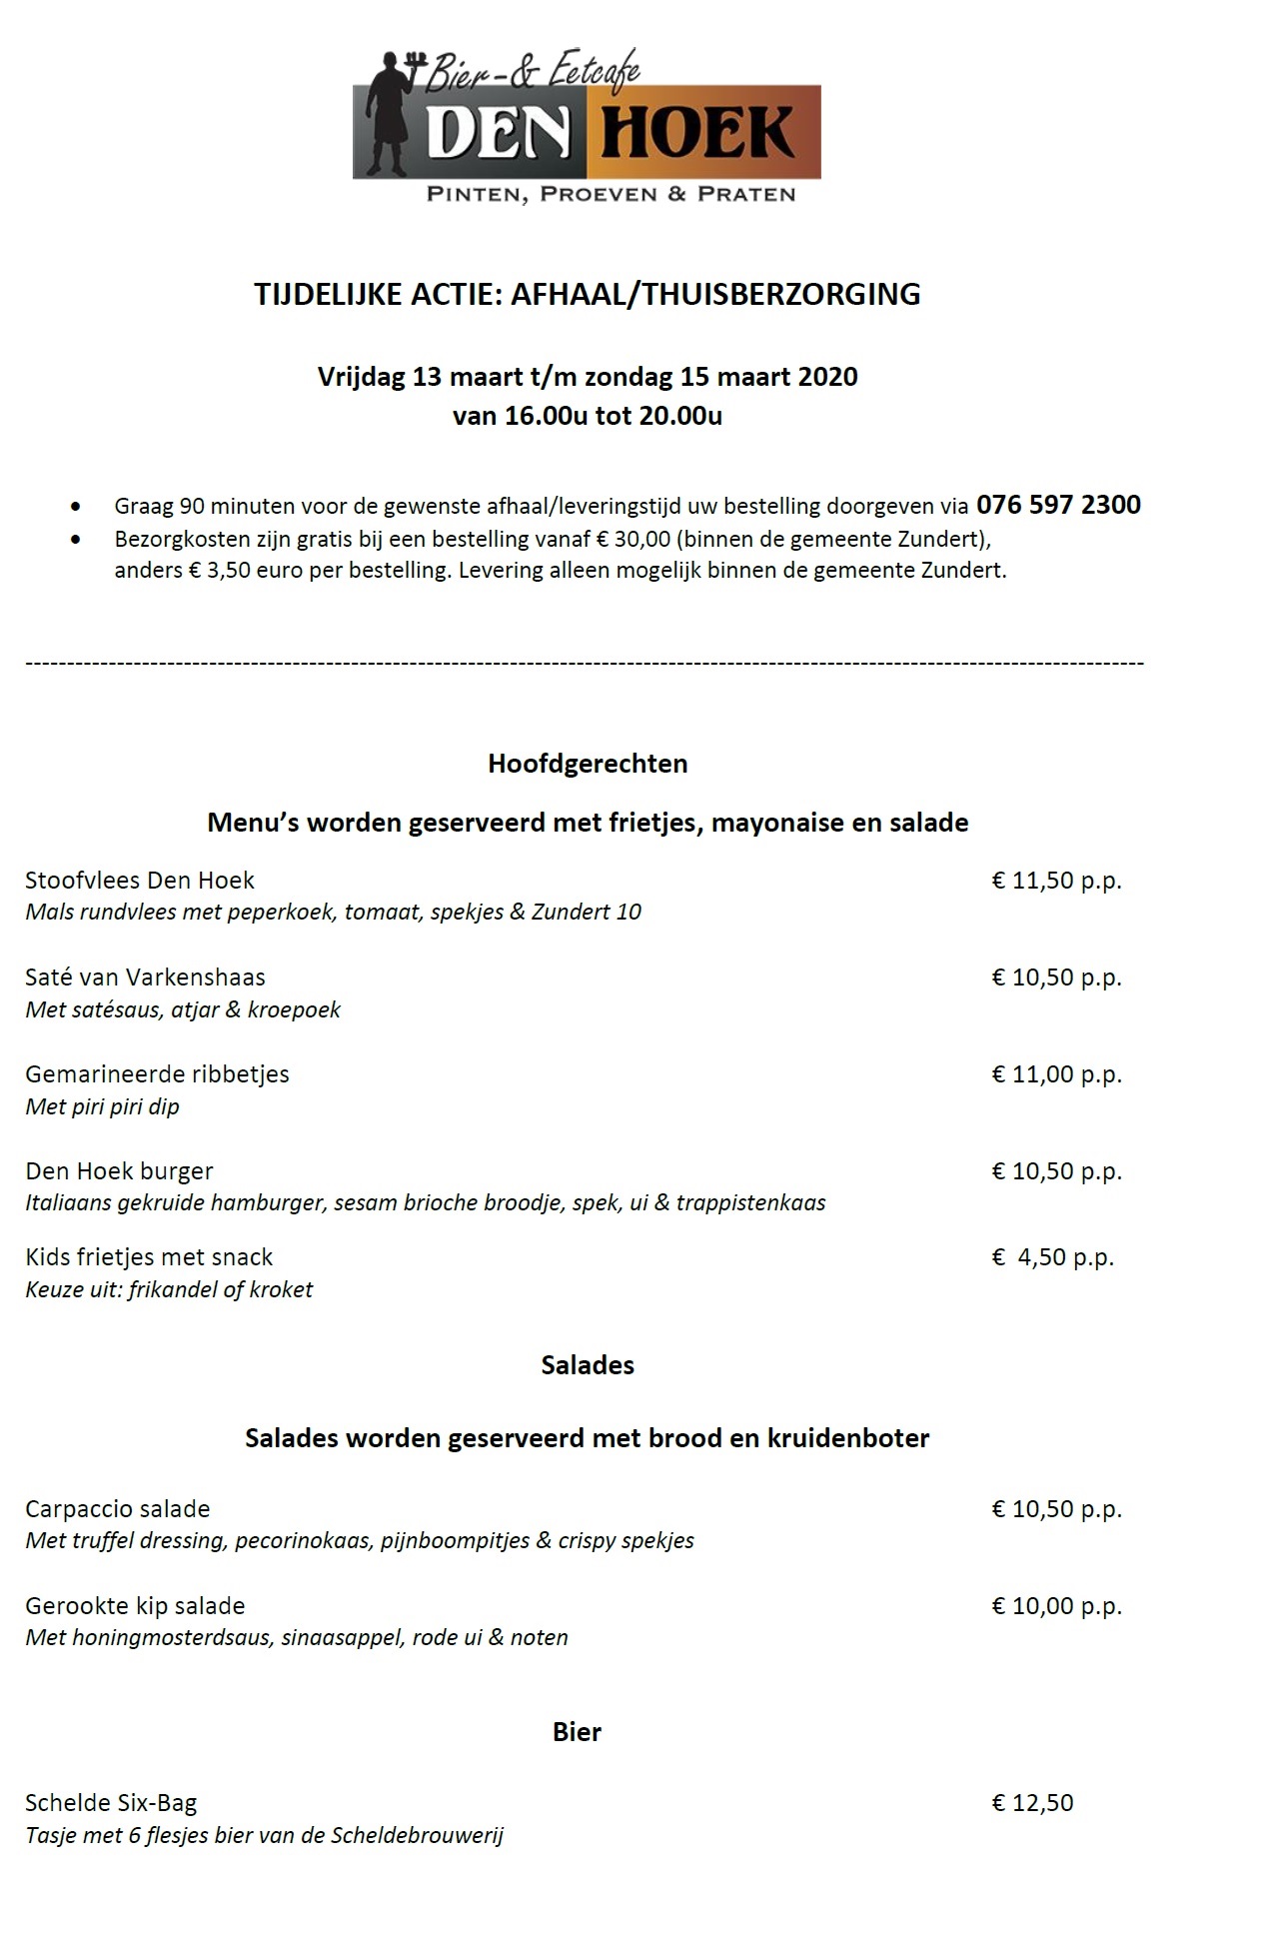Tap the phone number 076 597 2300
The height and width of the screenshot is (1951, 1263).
click(x=1058, y=505)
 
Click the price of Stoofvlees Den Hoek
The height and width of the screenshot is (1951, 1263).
click(x=1056, y=881)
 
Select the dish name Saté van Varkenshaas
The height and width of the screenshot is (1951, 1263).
click(x=145, y=977)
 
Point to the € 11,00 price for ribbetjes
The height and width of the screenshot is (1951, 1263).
click(x=1056, y=1074)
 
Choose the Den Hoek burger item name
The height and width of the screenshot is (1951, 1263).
click(x=119, y=1171)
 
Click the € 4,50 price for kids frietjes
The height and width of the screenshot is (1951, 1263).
click(x=1052, y=1257)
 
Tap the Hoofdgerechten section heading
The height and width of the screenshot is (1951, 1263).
click(x=588, y=764)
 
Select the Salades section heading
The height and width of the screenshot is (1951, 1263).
click(x=588, y=1365)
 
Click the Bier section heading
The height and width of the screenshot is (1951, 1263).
click(x=577, y=1732)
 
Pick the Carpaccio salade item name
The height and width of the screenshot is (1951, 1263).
click(x=118, y=1509)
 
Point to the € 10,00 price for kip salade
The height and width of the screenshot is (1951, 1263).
click(x=1056, y=1606)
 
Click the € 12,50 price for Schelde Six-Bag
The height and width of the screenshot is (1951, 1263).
click(x=1032, y=1803)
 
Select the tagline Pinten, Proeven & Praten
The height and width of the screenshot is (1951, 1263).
click(x=611, y=195)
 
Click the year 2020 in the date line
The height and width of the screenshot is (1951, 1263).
click(x=827, y=377)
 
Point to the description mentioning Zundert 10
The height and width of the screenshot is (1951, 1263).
click(x=333, y=912)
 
